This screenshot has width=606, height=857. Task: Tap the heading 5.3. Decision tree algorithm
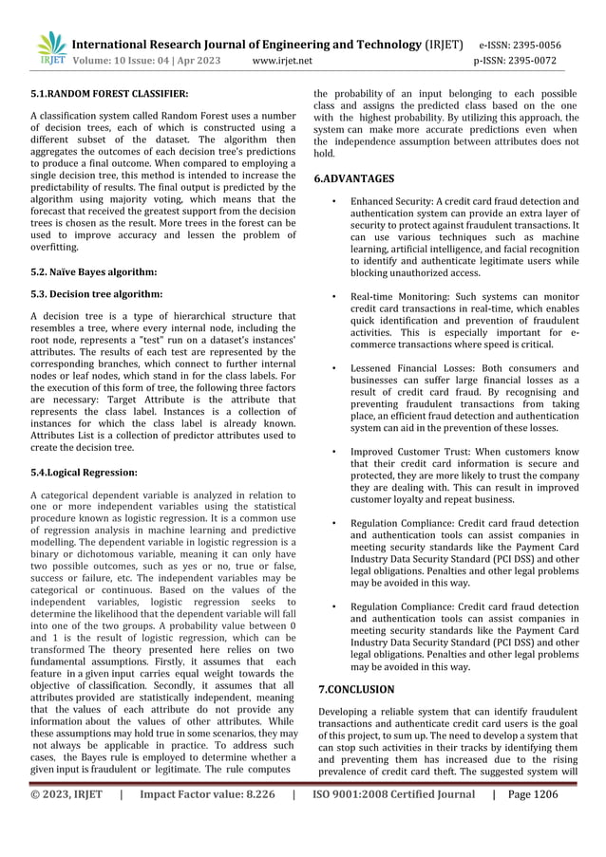coord(96,293)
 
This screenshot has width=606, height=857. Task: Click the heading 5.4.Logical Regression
coord(84,472)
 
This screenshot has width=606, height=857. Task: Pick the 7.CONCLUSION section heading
coord(355,689)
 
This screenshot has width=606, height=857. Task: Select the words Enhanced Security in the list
coord(390,202)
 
